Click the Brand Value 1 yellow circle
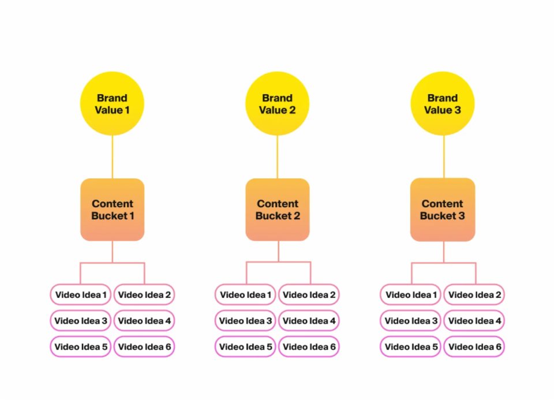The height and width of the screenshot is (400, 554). (112, 103)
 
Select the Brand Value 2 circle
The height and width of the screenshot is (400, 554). (278, 103)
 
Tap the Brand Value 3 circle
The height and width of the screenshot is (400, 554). (443, 103)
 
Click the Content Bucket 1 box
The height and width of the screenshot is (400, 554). (113, 210)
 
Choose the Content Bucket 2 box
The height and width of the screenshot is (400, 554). (278, 210)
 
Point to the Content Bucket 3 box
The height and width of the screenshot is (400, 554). (443, 210)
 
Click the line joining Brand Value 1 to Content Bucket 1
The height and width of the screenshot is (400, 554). (113, 157)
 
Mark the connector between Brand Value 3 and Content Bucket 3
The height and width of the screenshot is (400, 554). (444, 157)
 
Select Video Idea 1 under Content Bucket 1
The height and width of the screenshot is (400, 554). (81, 295)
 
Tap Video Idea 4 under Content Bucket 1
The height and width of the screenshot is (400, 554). (144, 321)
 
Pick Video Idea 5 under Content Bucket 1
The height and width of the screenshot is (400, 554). (81, 347)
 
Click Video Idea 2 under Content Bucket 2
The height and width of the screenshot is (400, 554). (309, 295)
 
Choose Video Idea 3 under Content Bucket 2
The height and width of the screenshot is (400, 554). (245, 321)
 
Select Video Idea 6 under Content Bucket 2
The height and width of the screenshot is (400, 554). (309, 347)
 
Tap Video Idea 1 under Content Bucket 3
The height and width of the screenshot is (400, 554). (410, 295)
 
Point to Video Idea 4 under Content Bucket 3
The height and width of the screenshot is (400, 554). (474, 321)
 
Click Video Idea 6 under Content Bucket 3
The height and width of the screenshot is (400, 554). (474, 347)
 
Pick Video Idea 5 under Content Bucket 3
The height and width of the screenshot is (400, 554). (410, 347)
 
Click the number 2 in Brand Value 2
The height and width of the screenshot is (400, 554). (292, 110)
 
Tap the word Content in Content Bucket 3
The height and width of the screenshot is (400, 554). (443, 204)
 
